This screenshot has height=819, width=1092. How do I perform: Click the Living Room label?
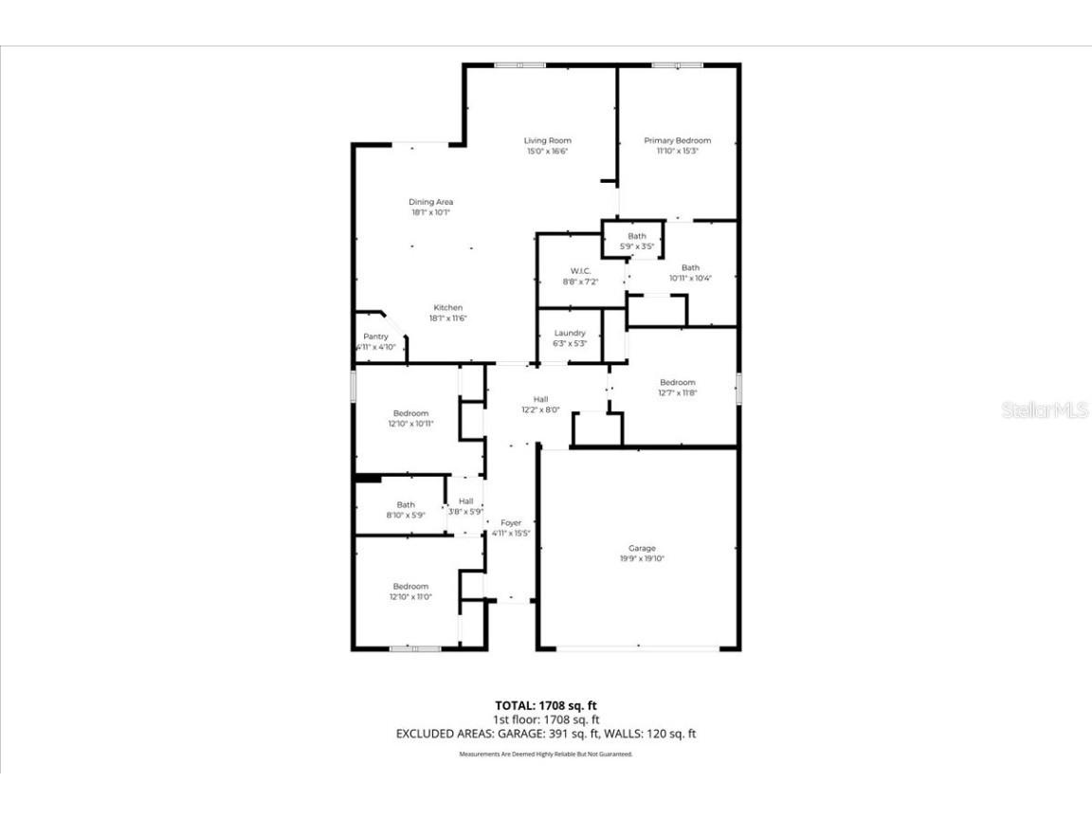[x=548, y=140]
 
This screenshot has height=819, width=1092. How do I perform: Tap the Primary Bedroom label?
[x=677, y=140]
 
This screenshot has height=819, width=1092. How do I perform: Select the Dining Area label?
[x=430, y=202]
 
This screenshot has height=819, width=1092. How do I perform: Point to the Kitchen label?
[x=447, y=307]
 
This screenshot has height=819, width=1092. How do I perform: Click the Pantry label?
[x=376, y=337]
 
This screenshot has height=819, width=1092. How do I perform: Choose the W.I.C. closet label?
[x=581, y=271]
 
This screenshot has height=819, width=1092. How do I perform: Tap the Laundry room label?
[x=570, y=333]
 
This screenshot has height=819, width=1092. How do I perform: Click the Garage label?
[x=642, y=548]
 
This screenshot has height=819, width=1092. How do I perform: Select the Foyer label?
[x=511, y=522]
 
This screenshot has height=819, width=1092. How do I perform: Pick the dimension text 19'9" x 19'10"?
[x=642, y=559]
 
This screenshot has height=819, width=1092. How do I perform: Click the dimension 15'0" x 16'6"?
[x=548, y=152]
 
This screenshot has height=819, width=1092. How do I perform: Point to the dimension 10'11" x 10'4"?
[x=690, y=279]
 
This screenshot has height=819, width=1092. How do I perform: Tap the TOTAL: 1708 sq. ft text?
[x=546, y=705]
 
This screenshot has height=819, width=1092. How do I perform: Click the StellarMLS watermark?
[x=1046, y=410]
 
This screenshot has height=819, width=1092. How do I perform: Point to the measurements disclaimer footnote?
[x=546, y=755]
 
